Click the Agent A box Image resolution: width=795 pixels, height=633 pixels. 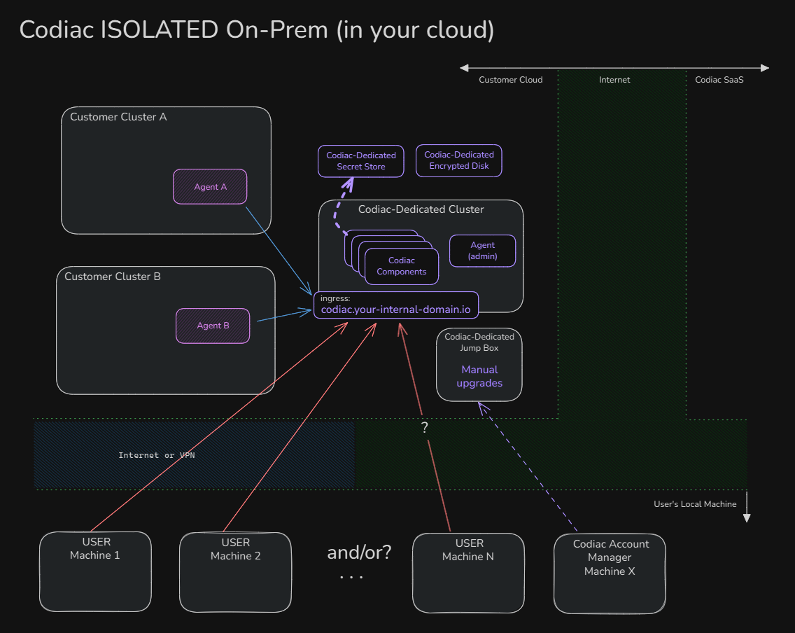[x=210, y=187]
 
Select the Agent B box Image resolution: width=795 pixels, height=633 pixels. [x=213, y=326]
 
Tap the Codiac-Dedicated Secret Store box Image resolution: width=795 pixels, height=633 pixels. [x=360, y=161]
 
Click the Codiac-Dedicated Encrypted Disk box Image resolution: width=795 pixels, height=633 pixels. [x=458, y=160]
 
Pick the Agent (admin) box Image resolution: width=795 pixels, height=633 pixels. [x=482, y=251]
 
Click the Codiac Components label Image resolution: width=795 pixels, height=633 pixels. [x=401, y=266]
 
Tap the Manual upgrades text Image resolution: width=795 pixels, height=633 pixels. [x=479, y=377]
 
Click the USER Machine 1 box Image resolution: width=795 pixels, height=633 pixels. [x=95, y=571]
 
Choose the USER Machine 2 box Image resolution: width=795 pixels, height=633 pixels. [x=235, y=571]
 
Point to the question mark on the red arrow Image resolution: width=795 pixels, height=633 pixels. [x=425, y=428]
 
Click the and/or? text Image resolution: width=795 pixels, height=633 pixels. [x=359, y=552]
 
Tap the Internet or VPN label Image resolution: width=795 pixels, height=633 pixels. [x=157, y=455]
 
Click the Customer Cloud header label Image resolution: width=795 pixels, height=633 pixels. [x=510, y=80]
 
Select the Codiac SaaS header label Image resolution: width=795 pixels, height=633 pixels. [x=719, y=80]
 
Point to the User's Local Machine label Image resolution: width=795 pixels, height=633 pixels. [x=695, y=504]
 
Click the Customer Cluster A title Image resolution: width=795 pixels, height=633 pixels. [x=118, y=117]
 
